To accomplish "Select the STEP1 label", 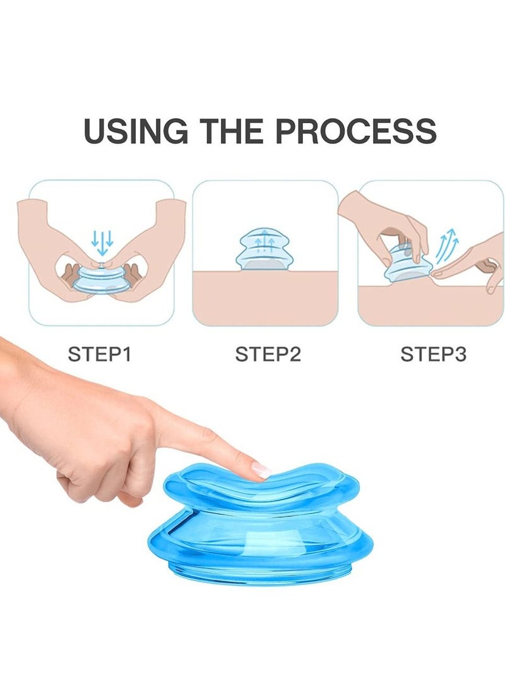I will point(99,354).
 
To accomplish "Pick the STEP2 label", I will point(268,354).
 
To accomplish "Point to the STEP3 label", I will point(433,354).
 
